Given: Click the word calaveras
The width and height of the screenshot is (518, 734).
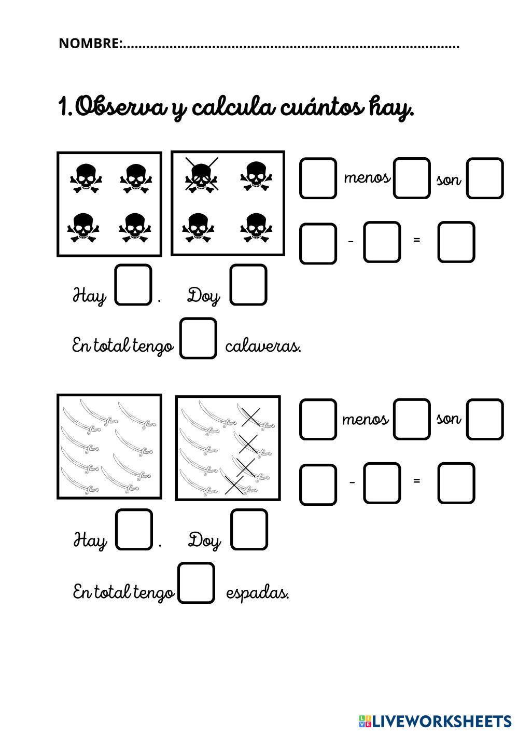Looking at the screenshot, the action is [263, 345].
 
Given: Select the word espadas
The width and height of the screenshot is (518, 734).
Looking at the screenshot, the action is [257, 592].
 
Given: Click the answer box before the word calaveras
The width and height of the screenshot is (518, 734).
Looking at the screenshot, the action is [198, 338].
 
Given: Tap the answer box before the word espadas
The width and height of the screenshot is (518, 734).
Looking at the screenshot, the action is [197, 583].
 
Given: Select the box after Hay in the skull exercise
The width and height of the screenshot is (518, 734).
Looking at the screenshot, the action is [133, 285].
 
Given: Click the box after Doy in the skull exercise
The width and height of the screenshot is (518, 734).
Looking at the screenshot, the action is [248, 285].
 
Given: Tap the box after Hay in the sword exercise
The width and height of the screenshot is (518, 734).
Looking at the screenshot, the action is [134, 529].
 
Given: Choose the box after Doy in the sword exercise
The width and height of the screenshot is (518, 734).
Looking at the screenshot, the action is [249, 529].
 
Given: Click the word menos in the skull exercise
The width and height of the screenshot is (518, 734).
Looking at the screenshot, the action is [367, 178].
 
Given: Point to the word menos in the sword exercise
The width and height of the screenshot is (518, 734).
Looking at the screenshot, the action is [365, 419].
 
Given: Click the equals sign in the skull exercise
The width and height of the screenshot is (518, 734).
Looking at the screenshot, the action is [416, 240].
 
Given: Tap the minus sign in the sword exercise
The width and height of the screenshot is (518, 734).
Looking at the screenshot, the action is [352, 482].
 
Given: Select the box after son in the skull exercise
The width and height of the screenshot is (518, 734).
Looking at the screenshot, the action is [485, 178].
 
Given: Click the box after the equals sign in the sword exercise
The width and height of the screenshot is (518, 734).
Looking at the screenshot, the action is [456, 483].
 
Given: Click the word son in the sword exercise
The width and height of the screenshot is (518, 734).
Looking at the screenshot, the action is [449, 419].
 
